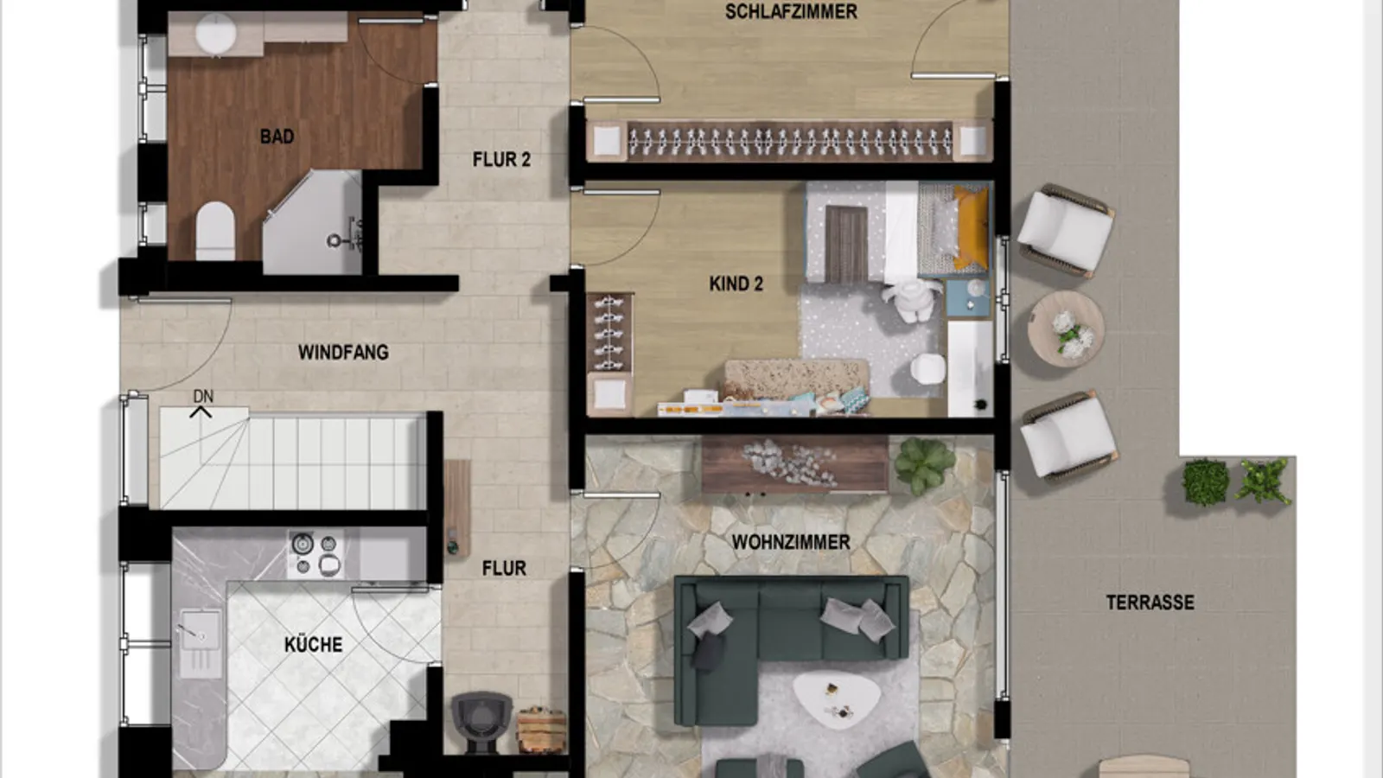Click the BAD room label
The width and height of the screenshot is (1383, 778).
pos(277,137)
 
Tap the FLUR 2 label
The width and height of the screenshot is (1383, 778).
pos(501,160)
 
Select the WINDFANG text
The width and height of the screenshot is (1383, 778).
pos(343,353)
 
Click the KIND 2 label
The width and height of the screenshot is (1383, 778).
pos(736,284)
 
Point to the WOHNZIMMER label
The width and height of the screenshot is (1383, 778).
pos(791,542)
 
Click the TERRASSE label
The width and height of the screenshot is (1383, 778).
pos(1150,603)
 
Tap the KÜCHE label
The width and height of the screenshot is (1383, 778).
pos(313,644)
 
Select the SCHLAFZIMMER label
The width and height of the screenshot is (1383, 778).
pos(791,12)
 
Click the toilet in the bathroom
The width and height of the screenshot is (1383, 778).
pos(215,230)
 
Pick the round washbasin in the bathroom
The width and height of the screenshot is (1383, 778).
pos(215,34)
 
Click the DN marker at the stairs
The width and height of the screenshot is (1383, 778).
pos(202,397)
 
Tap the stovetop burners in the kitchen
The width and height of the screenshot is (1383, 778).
pos(315,554)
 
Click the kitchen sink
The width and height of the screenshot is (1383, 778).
pos(200,635)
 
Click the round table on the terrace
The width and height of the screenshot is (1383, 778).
pos(1066,329)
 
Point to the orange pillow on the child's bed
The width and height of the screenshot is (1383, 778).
pos(972,226)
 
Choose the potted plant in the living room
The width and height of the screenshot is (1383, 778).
pos(924,464)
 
